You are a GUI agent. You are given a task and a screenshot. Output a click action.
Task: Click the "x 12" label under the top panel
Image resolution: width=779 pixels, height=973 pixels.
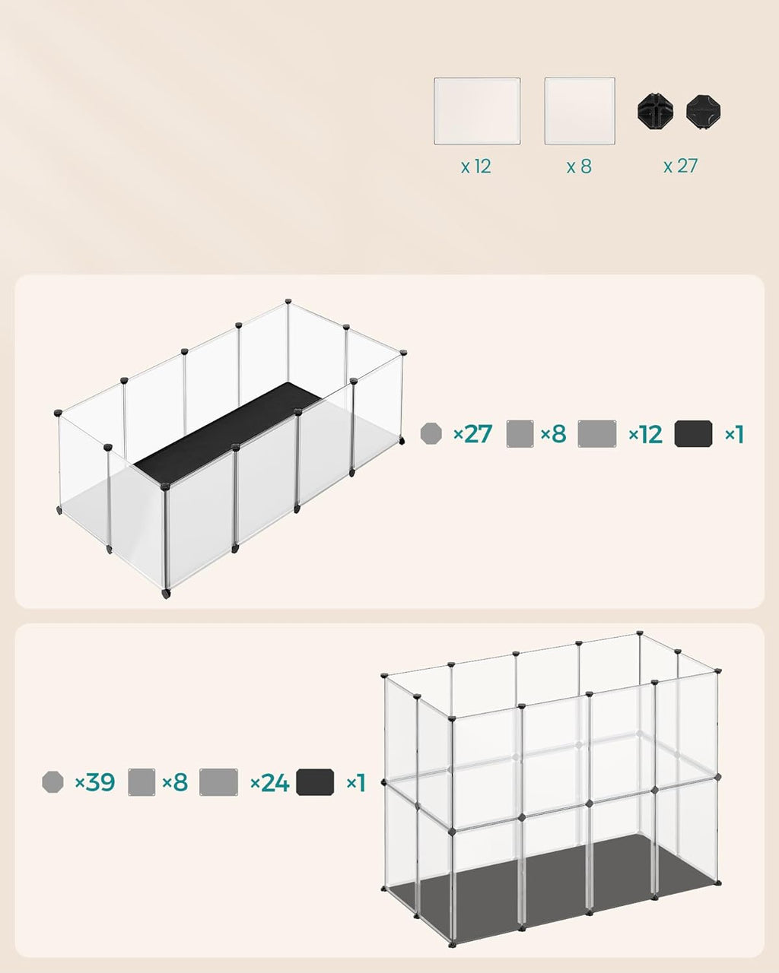[x=476, y=166]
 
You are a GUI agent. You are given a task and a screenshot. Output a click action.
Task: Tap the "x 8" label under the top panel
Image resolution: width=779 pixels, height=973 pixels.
[x=579, y=166]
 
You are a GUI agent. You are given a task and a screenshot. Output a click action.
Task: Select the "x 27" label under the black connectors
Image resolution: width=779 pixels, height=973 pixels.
[x=680, y=166]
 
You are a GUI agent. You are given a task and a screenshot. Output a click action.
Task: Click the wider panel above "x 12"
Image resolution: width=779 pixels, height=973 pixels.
[x=477, y=111]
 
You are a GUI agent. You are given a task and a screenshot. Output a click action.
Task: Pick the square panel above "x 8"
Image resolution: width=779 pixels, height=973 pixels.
[x=580, y=111]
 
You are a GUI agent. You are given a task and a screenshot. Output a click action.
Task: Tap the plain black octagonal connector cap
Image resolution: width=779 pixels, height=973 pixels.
[x=703, y=112]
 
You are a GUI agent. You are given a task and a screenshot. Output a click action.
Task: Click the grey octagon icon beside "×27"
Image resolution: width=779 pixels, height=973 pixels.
[x=431, y=434]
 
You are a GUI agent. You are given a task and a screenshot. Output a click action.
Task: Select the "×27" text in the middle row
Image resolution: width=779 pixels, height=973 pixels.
[x=472, y=434]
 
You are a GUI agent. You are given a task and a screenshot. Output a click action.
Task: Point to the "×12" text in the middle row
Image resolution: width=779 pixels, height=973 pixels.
[x=645, y=434]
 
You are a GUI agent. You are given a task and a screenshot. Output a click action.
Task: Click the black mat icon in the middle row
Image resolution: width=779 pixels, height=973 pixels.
[x=694, y=433]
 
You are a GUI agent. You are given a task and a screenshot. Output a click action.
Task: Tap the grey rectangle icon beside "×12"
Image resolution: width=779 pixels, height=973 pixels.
[x=597, y=433]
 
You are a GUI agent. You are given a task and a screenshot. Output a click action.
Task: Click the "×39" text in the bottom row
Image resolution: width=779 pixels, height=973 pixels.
[x=95, y=781]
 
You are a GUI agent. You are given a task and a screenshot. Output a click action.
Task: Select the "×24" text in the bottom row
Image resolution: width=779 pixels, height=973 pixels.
[x=269, y=782]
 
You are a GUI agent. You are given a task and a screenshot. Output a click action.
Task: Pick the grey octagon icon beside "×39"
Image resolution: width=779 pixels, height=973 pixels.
[x=53, y=781]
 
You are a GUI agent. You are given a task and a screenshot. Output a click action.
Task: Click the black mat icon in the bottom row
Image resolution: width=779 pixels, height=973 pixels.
[x=315, y=781]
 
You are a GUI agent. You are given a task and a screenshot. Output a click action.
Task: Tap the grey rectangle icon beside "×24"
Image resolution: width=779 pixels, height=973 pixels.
[x=218, y=782]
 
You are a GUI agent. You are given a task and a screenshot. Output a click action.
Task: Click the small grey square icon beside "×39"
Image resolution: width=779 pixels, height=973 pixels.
[x=141, y=782]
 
